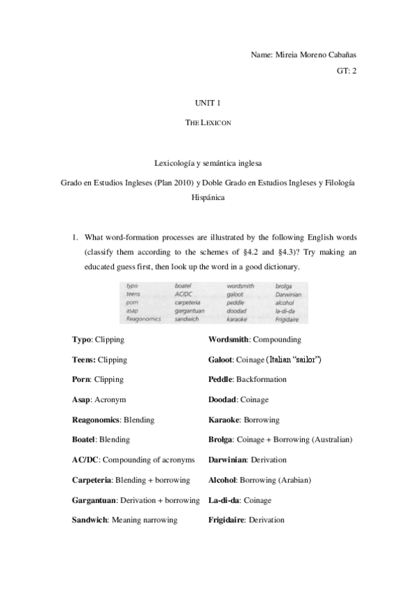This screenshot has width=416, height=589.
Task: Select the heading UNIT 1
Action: coord(208,103)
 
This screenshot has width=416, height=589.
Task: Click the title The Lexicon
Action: coord(208,122)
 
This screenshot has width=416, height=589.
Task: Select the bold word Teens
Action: coord(84,360)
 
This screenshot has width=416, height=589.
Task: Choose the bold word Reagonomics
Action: coord(97,420)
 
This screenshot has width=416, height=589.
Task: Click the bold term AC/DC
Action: coord(86,460)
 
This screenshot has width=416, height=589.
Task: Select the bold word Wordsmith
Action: coord(228,340)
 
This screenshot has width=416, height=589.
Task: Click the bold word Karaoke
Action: coord(224,420)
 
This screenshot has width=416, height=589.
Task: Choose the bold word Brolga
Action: coord(220,440)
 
